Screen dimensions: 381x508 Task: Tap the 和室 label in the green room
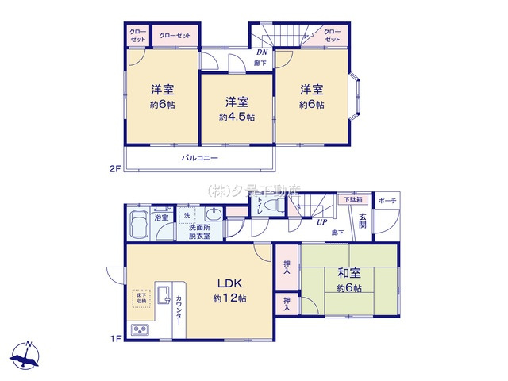pos(347,274)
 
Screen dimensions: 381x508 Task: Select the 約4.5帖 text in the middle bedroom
pos(237,117)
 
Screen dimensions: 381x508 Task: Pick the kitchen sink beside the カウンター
pos(164,296)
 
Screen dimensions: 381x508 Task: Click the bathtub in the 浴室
pos(139,224)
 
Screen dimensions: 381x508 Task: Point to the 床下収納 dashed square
pos(140,297)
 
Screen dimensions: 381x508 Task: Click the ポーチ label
pos(387,201)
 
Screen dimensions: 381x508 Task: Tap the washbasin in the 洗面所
pos(213,215)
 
